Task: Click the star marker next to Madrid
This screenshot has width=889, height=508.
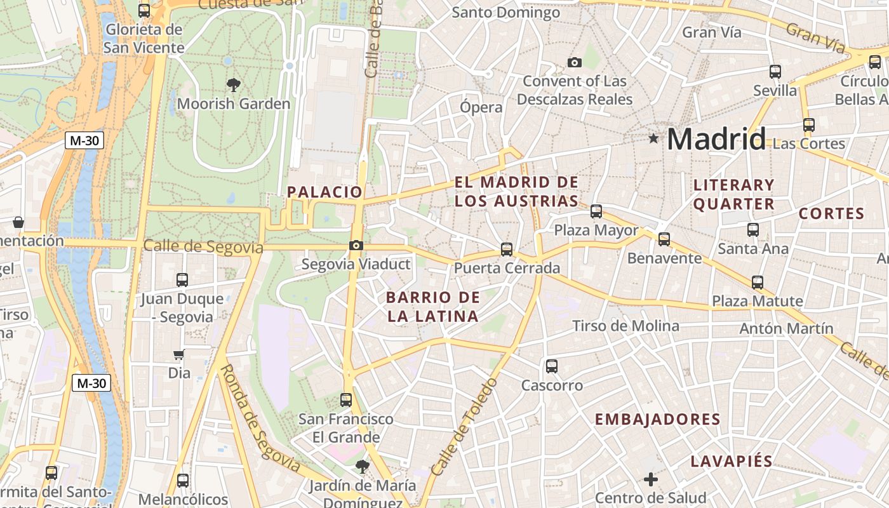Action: click(x=653, y=138)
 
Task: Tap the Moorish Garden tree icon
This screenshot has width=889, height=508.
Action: click(x=234, y=84)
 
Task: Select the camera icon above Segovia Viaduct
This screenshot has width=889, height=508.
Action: click(x=356, y=245)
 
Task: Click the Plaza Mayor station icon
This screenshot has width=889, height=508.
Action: click(x=596, y=211)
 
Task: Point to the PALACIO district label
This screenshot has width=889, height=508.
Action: click(x=324, y=192)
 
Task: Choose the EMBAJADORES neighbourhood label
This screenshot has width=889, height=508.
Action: click(x=657, y=419)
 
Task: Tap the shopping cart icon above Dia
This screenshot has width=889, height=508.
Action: click(x=179, y=355)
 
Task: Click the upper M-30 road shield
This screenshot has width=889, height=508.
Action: click(x=84, y=140)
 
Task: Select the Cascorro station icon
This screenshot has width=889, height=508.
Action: click(x=552, y=366)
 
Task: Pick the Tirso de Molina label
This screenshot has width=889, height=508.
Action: click(x=625, y=326)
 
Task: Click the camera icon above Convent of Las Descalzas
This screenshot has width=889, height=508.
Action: click(x=575, y=62)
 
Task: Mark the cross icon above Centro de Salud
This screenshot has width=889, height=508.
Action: click(x=650, y=479)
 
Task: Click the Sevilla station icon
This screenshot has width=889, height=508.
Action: click(x=775, y=72)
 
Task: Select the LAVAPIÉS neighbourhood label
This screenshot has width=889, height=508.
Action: click(x=732, y=462)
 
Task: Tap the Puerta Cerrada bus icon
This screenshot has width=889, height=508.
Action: click(x=507, y=250)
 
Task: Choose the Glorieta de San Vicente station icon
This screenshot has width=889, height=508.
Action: click(x=144, y=11)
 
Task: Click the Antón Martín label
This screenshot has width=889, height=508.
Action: click(x=786, y=329)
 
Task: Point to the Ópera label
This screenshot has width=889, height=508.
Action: click(x=481, y=107)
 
